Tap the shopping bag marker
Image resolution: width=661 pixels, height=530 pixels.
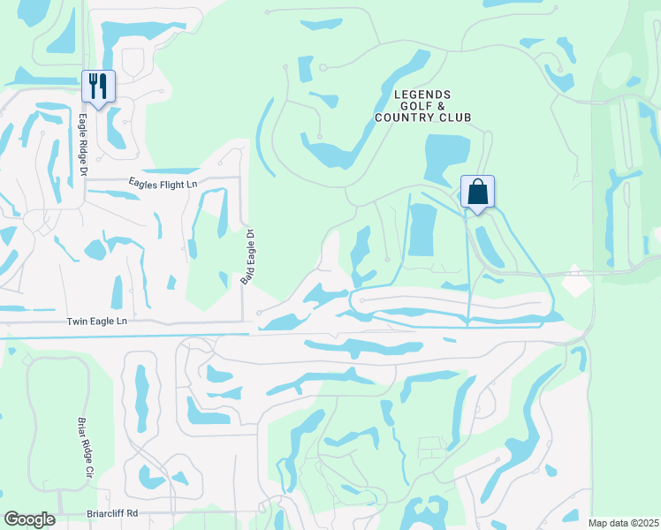coord(477,192)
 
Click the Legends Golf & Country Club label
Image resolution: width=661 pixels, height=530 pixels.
coord(422,106)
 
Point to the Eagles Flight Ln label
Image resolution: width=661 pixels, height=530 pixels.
coord(163,184)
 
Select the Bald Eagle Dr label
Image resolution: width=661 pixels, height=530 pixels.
coord(248,257)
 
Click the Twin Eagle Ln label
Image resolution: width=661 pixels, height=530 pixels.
coord(97,322)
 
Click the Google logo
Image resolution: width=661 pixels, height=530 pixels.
coord(29,519)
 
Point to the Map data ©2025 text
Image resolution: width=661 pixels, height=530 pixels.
coord(621,523)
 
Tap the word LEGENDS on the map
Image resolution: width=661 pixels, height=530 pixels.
coord(422,95)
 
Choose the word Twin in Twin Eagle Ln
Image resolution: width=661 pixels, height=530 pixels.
coord(78,322)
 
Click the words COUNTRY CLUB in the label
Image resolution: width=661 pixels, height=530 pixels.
coord(422,117)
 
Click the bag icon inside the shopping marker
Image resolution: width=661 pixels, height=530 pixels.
coord(477,191)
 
